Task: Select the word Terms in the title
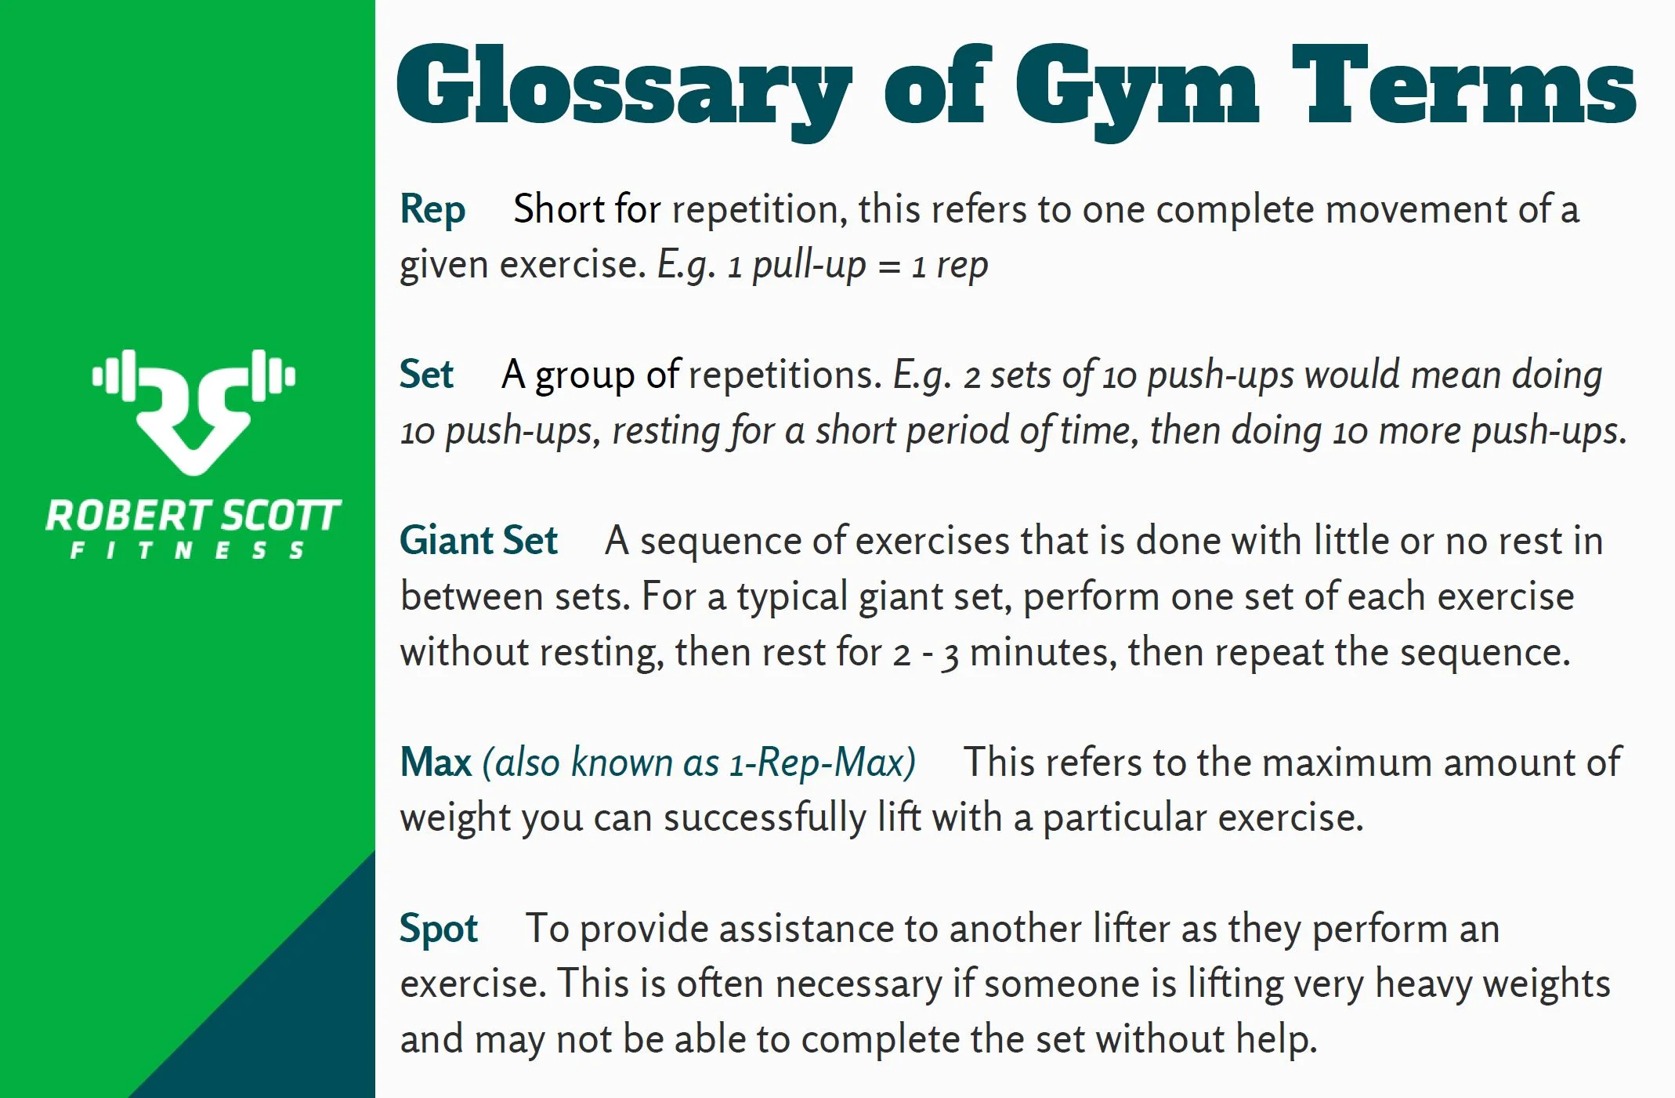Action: coord(1463,85)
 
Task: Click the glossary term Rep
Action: coord(432,209)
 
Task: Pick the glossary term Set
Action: coord(426,374)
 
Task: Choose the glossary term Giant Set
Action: coord(478,540)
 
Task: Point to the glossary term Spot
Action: coord(438,929)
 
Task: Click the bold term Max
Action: coord(436,762)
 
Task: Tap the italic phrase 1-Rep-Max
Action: coord(822,762)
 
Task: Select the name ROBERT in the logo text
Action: coord(128,516)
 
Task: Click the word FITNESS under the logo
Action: coord(188,551)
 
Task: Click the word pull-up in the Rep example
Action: coord(809,266)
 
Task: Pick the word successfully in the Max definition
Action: coord(765,818)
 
